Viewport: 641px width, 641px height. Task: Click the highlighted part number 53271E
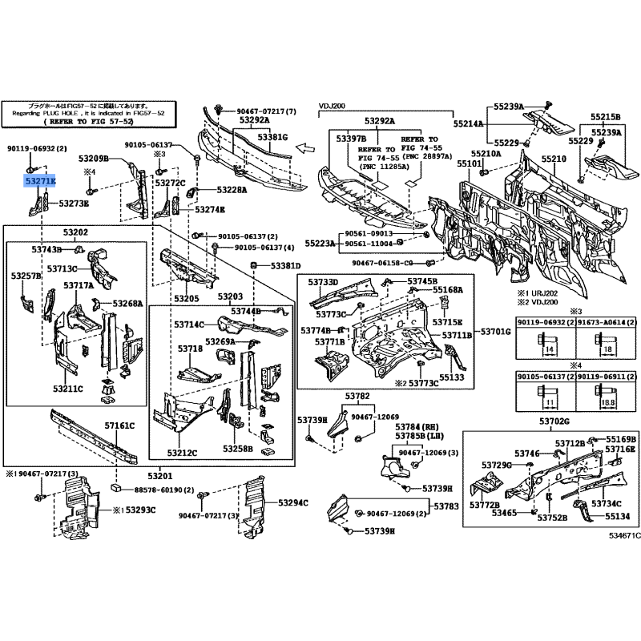(40, 182)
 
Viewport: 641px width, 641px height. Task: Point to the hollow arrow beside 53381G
(304, 147)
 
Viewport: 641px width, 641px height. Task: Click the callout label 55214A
(470, 125)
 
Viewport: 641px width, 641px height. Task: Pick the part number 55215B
(606, 116)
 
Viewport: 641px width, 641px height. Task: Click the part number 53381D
(284, 266)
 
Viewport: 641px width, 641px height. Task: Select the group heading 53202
(75, 232)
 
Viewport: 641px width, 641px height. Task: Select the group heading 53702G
(554, 421)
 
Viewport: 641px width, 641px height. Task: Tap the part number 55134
(605, 517)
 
